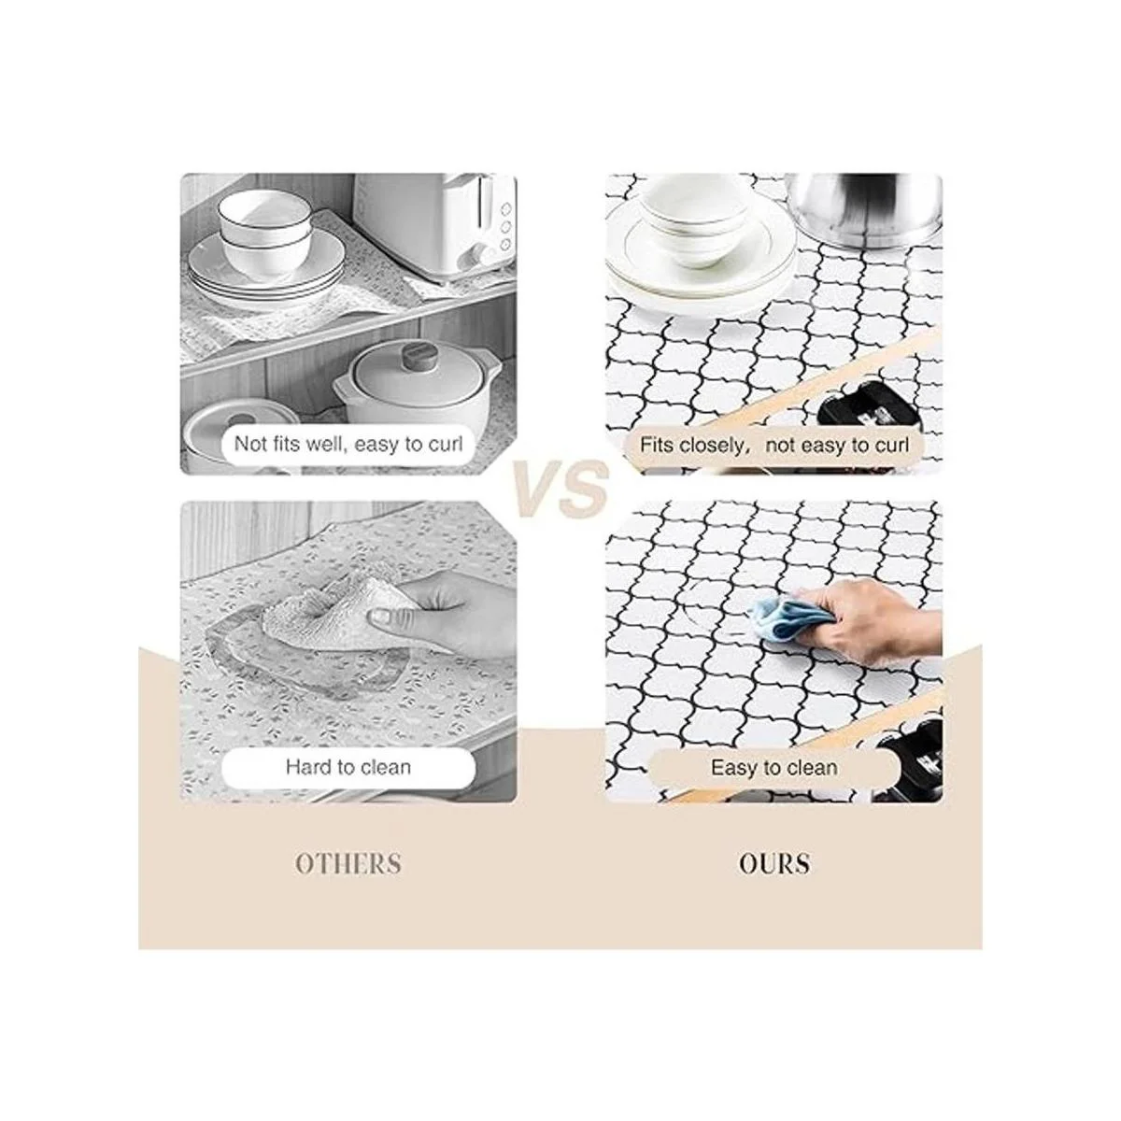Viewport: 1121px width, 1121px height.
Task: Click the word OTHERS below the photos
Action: (x=348, y=863)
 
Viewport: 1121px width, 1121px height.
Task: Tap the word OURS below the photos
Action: (x=774, y=863)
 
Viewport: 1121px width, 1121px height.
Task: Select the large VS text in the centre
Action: (x=560, y=488)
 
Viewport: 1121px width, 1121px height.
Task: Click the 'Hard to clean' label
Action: (x=348, y=767)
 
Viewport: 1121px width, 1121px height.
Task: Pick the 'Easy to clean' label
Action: (x=774, y=768)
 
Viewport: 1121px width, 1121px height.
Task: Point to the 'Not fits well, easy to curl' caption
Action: (x=348, y=445)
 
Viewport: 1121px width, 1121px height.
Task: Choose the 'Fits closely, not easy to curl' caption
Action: (x=774, y=446)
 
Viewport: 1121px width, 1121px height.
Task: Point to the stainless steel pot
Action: (x=864, y=210)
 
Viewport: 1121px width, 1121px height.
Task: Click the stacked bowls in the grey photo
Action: (x=265, y=232)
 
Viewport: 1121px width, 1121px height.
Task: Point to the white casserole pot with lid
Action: (x=417, y=382)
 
